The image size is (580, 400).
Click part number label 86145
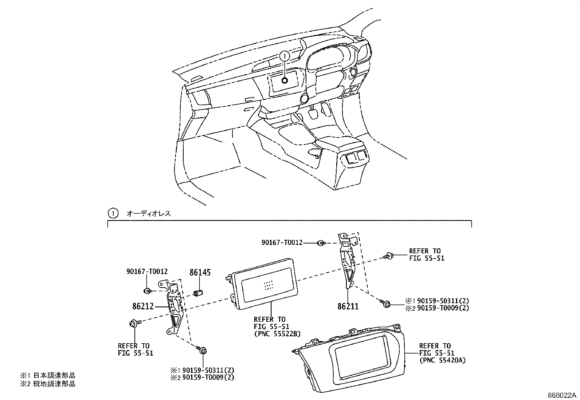coord(200,272)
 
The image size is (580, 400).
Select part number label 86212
coord(143,306)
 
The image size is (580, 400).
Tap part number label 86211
coord(348,307)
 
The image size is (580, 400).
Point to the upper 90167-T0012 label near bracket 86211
coord(282,242)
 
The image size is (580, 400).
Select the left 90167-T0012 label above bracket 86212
coord(147,272)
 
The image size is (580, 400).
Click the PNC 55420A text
coord(442,360)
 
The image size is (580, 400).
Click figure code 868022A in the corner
coord(563,395)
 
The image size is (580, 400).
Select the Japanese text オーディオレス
coord(148,214)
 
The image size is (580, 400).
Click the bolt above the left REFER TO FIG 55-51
coord(134,323)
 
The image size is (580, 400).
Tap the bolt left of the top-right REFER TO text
coord(388,257)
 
